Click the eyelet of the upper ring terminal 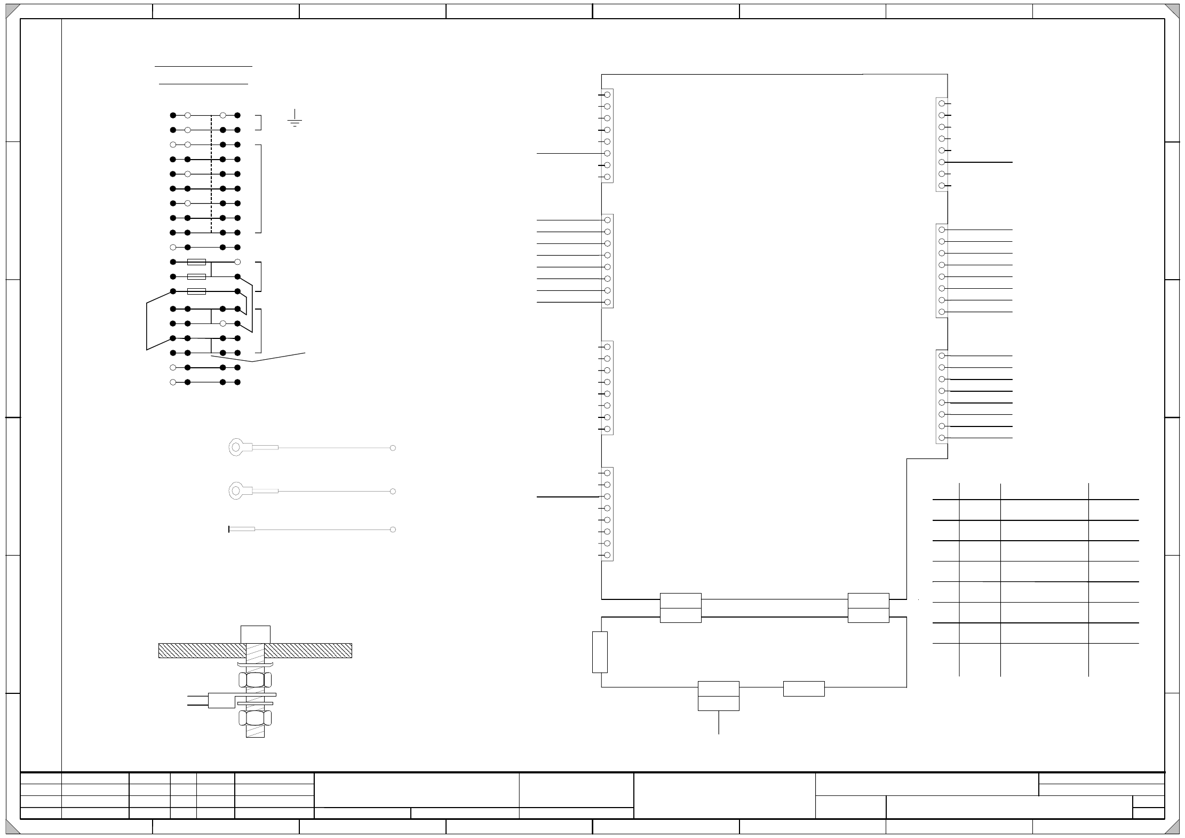point(236,447)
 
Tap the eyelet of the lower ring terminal point(236,491)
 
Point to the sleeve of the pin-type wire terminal point(242,529)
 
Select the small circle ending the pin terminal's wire point(393,529)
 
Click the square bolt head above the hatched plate point(256,635)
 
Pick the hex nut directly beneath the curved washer point(255,679)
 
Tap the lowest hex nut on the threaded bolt point(255,718)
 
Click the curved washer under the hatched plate point(255,665)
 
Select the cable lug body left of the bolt point(221,700)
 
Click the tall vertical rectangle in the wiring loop point(600,652)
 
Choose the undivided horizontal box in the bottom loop point(804,689)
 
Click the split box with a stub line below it point(719,696)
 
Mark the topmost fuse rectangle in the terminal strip point(197,262)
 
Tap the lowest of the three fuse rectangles point(197,291)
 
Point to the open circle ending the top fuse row point(237,262)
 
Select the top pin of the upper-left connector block point(607,94)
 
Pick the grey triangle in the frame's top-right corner point(1172,11)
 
